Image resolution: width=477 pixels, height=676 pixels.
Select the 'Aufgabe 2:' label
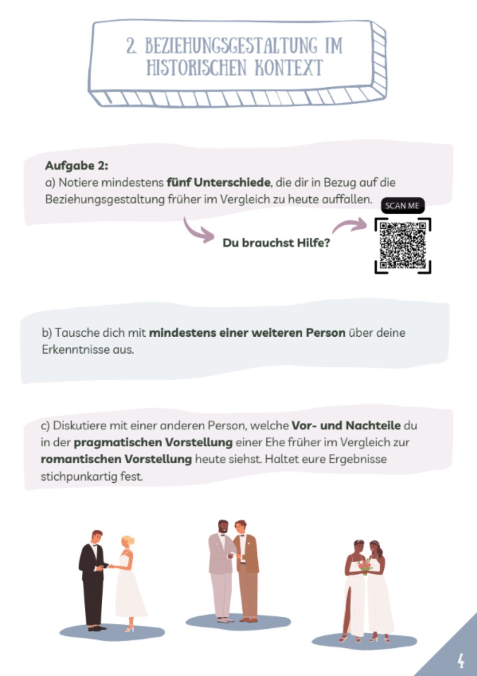tap(77, 165)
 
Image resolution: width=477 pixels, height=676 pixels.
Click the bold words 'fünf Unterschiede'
tap(218, 182)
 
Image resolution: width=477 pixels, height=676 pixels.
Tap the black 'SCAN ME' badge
tap(402, 206)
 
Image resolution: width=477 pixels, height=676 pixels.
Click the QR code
tap(403, 246)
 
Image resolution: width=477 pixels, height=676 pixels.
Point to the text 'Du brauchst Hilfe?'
tap(276, 243)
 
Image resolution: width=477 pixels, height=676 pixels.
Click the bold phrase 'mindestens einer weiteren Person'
tap(247, 333)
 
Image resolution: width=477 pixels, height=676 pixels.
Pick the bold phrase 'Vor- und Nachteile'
tap(346, 425)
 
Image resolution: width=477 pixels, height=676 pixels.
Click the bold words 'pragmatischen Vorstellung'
tap(153, 443)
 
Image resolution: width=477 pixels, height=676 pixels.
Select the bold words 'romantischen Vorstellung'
tap(116, 459)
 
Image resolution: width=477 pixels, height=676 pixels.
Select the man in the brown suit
tap(246, 570)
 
